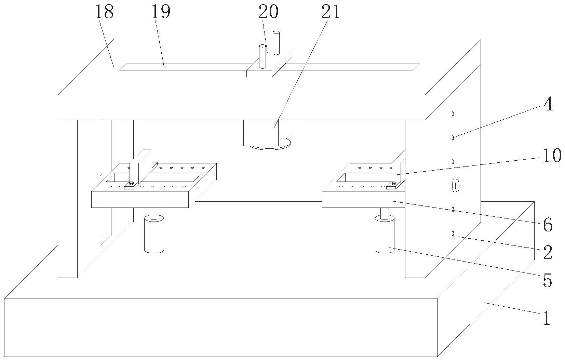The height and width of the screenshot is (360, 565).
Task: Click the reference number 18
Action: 104,13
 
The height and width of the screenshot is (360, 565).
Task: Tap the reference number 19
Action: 161,13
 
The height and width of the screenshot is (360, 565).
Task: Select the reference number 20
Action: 268,13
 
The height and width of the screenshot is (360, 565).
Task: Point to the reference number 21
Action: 331,13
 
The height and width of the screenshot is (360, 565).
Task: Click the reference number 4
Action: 548,104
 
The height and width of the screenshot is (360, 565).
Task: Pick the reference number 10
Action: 551,155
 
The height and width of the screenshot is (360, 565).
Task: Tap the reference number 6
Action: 548,225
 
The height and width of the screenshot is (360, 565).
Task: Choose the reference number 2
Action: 548,253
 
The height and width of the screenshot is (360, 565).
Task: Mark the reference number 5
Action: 548,281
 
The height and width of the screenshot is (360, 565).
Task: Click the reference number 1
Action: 547,318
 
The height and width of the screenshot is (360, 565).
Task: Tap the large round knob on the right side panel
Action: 456,186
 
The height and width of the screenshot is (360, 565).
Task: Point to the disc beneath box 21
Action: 270,147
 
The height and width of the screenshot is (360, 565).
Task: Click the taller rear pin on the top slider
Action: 276,42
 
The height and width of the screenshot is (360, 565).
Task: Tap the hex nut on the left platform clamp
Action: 131,184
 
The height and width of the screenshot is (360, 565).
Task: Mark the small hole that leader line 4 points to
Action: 453,137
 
